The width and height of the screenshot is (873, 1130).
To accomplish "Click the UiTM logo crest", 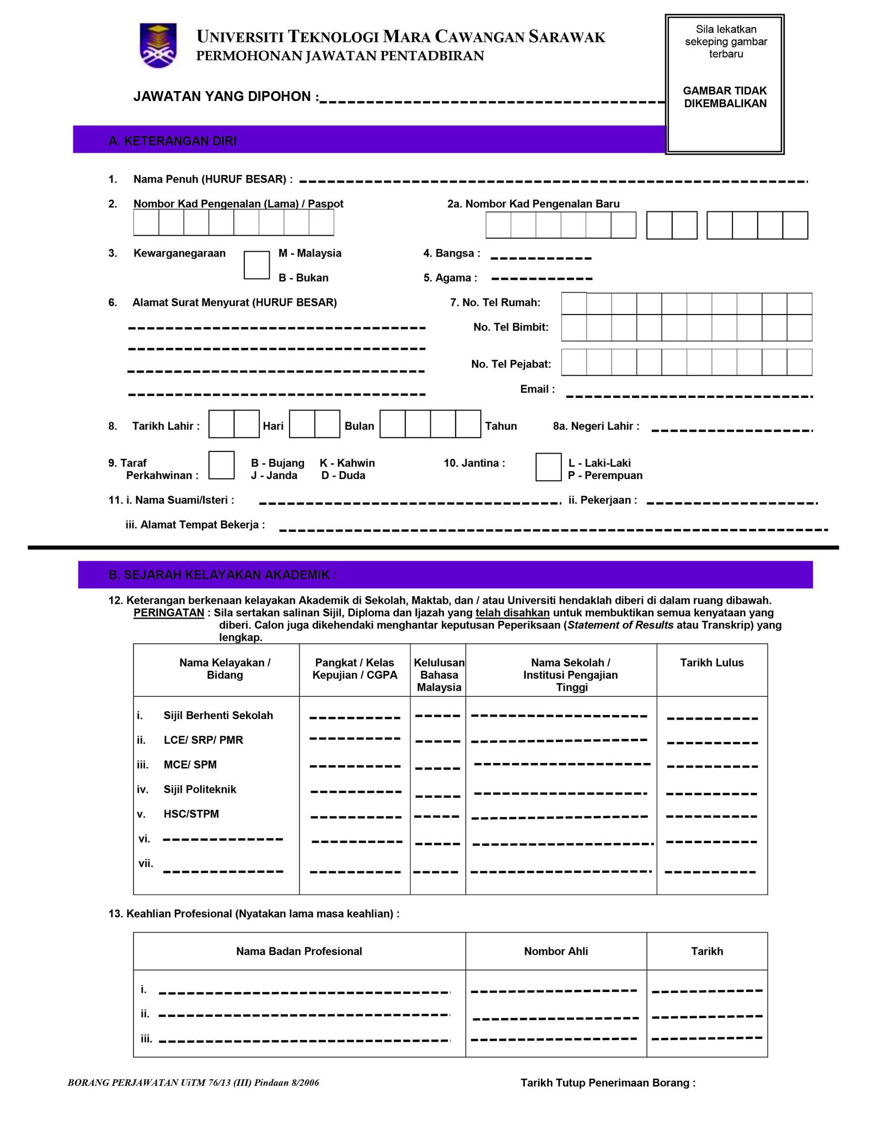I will point(158,45).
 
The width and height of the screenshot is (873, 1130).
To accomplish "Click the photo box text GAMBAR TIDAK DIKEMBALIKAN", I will point(725,97).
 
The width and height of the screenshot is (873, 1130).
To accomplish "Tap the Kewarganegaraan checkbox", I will point(256,265).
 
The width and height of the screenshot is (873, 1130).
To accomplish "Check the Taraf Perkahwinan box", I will point(222,465).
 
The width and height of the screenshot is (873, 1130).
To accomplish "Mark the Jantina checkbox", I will point(548,467).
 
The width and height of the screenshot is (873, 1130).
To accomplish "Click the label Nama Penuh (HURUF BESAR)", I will point(212,179).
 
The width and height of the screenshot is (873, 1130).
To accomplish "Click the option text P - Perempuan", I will point(605,476).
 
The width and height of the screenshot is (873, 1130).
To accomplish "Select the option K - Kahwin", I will point(347,463).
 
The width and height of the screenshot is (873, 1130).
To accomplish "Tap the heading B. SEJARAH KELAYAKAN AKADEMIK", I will point(223,575).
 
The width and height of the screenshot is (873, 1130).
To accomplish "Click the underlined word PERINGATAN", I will point(169,613).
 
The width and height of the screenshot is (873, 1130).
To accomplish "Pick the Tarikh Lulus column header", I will point(711,663).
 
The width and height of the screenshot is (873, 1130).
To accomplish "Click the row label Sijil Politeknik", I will point(200,790).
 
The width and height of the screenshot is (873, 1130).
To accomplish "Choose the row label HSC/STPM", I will point(191,814).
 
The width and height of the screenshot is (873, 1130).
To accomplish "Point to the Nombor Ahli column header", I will point(556,951).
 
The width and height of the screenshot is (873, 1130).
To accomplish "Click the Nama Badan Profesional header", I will point(299,951).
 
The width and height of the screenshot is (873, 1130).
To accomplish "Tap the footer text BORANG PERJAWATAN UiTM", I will point(193,1083).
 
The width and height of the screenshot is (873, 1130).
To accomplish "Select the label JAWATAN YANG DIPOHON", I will point(226,97).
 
